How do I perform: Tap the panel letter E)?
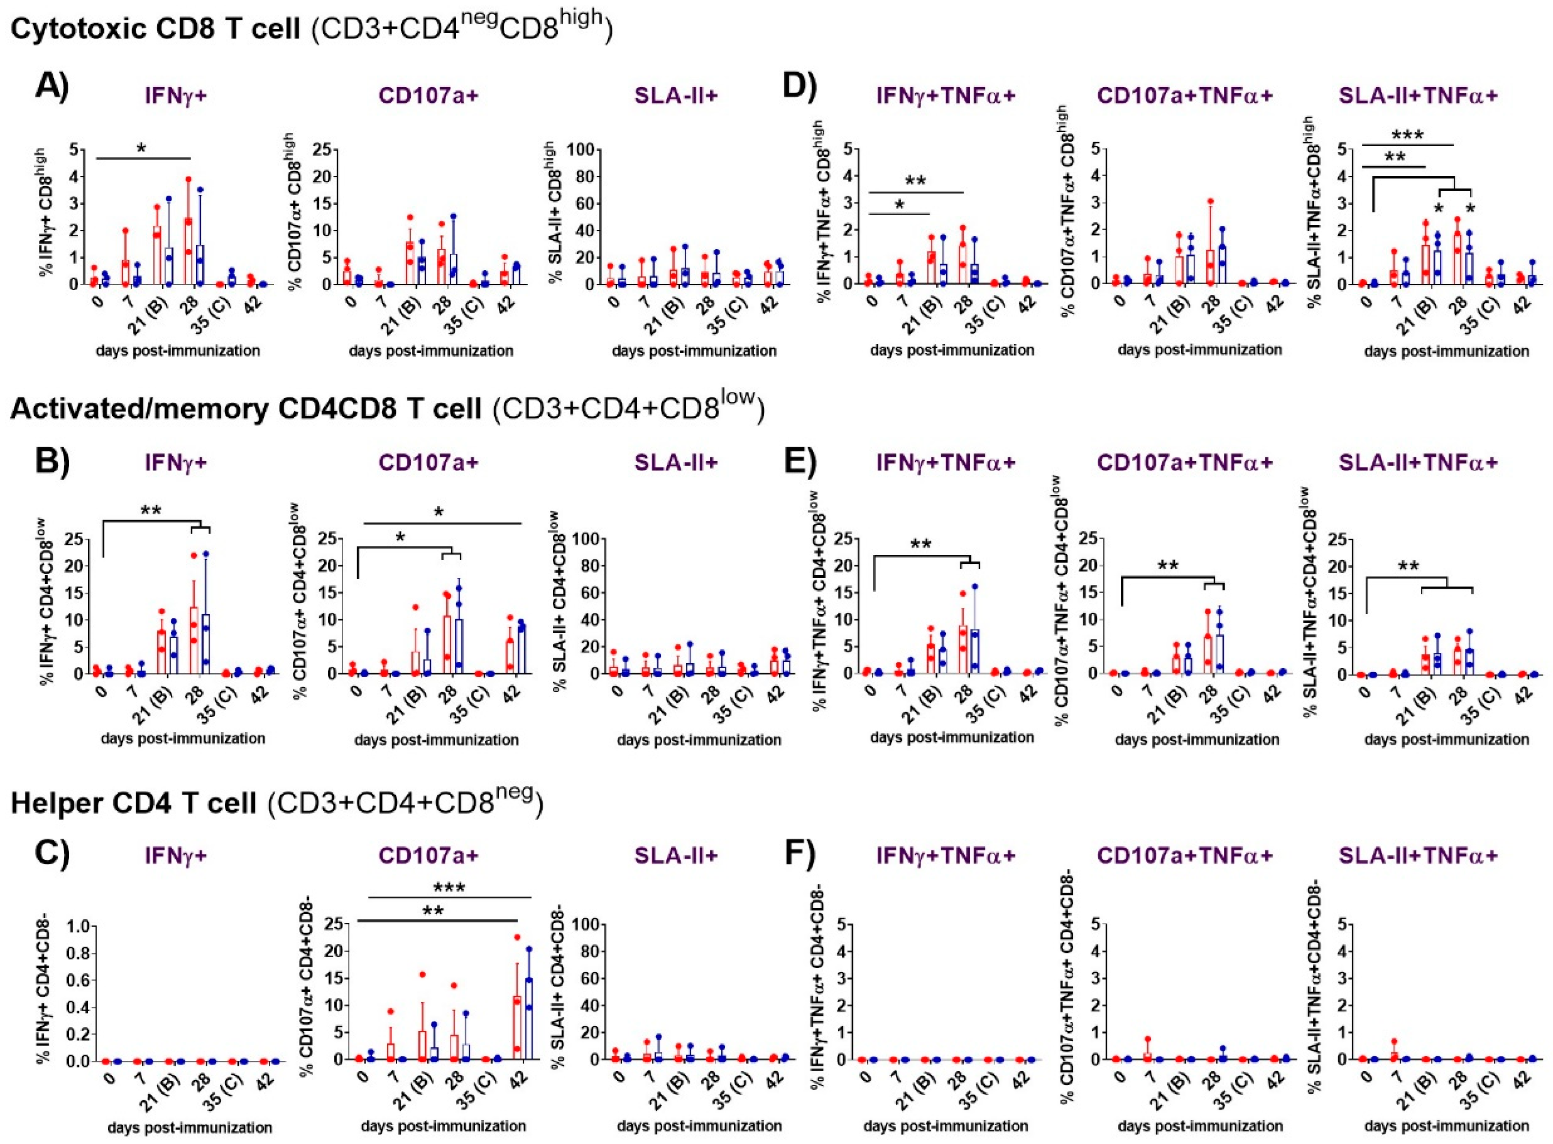pyautogui.click(x=800, y=462)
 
